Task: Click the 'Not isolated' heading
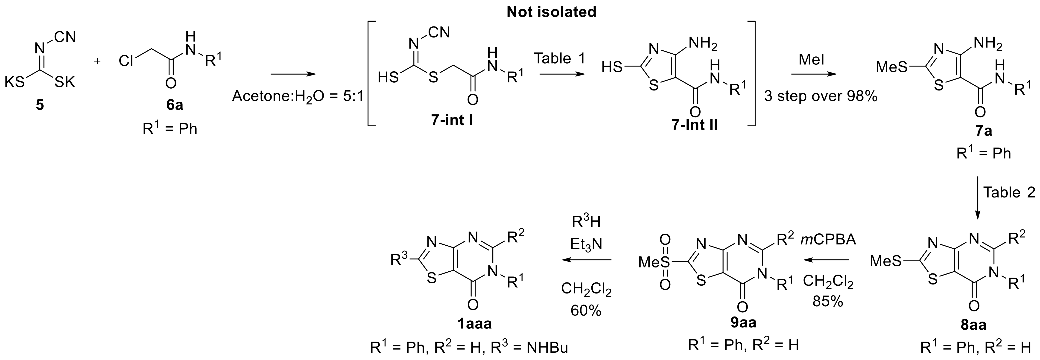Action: click(x=552, y=12)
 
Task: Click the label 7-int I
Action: click(x=452, y=120)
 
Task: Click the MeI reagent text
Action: click(x=811, y=59)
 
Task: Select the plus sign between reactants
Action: click(x=97, y=61)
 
